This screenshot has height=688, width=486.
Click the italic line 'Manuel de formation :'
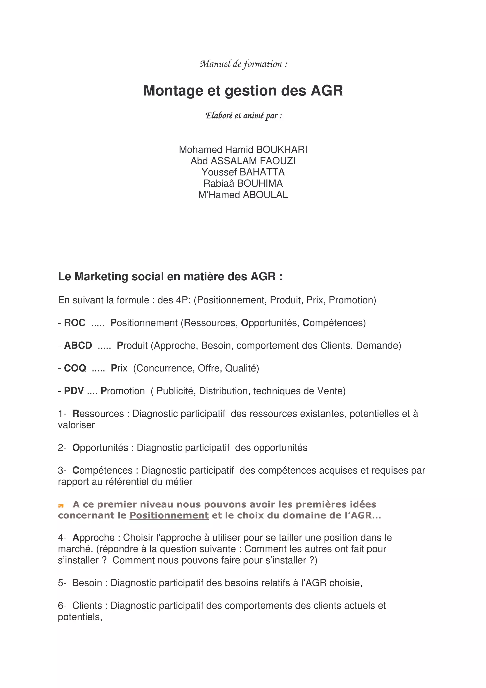point(243,64)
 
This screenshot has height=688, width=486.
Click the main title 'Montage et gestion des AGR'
point(243,90)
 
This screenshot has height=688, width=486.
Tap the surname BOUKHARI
point(282,150)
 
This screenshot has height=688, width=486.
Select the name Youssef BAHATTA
point(243,172)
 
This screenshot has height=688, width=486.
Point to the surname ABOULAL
point(265,195)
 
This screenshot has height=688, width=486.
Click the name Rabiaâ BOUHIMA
point(243,183)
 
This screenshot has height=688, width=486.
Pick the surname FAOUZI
point(278,161)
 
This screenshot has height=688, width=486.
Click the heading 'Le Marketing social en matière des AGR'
point(170,276)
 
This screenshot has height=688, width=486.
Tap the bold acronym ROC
point(75,323)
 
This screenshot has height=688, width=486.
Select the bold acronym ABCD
point(78,345)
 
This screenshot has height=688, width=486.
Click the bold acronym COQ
point(75,368)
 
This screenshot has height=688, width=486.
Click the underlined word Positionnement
point(169,515)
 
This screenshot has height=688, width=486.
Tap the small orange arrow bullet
point(61,506)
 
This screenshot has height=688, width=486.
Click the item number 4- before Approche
point(62,537)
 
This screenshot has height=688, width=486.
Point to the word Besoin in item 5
point(87,583)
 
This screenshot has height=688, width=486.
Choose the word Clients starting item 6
point(87,605)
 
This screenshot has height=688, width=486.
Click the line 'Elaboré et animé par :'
point(243,116)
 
